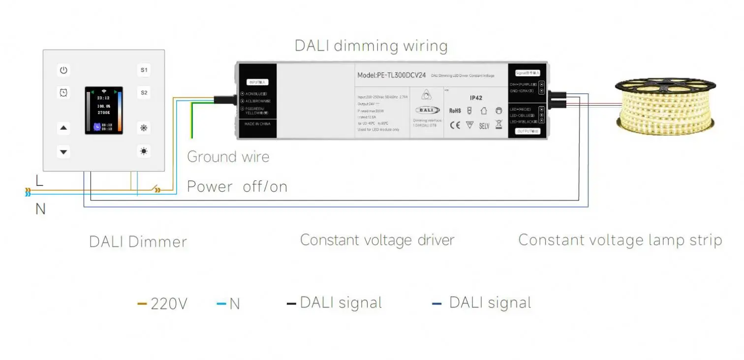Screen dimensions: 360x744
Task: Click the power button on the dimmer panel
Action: click(x=63, y=70)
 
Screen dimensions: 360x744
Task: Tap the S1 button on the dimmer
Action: click(x=144, y=70)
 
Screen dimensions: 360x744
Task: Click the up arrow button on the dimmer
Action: click(x=63, y=129)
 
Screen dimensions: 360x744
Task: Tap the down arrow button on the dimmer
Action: click(x=63, y=151)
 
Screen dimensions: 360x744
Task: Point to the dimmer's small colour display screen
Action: click(x=104, y=111)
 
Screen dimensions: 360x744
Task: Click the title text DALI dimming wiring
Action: click(x=371, y=46)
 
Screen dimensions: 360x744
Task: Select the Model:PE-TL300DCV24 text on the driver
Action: click(x=391, y=75)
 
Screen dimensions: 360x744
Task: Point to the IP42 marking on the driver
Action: click(x=476, y=98)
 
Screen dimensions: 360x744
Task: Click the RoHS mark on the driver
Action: click(x=455, y=111)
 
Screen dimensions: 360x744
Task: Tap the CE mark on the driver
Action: click(x=455, y=125)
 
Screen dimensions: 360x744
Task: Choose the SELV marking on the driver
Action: click(x=484, y=126)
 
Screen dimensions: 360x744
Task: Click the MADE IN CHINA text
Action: click(x=257, y=124)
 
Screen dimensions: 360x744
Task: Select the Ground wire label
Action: click(x=228, y=157)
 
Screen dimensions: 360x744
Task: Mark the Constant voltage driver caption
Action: click(x=377, y=240)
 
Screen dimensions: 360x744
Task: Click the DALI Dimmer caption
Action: click(x=138, y=242)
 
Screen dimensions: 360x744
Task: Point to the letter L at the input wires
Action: click(x=39, y=180)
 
